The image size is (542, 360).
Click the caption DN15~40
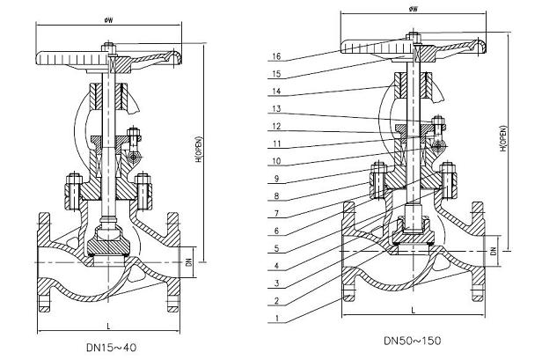coord(111,347)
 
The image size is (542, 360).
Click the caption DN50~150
coord(413,341)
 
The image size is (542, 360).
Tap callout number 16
coord(276,56)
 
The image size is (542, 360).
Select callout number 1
coord(276,318)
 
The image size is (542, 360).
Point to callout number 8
coord(276,196)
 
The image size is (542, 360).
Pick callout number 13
coord(276,108)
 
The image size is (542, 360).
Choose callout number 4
coord(276,266)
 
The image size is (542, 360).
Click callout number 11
coord(276,143)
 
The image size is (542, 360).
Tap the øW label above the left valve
coord(109,20)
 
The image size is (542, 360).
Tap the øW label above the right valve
coord(413,9)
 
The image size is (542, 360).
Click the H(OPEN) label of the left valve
coord(200,150)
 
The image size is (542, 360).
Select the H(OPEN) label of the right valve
coord(503,138)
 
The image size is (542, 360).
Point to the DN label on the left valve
coord(188,262)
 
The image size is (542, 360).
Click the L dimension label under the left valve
coord(109,326)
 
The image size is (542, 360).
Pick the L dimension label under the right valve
coord(413,311)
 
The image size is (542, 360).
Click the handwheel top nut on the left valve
coord(108,48)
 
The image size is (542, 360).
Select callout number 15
coord(276,74)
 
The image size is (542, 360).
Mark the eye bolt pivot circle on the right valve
coord(438,146)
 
